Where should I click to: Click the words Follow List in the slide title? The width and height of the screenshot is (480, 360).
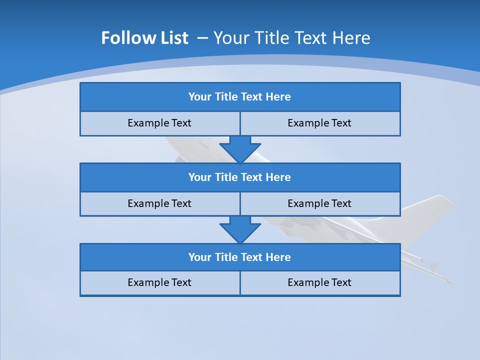145,38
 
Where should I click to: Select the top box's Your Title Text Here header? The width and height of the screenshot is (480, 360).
239,97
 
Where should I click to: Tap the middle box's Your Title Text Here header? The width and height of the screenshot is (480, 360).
239,177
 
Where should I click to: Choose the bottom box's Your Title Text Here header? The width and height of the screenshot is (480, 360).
239,257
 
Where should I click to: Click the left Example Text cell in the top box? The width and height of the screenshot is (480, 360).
159,123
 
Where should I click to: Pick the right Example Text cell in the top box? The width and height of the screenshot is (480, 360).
319,123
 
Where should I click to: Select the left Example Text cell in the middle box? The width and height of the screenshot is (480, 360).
159,203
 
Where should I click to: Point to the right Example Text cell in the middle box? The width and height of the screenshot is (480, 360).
319,203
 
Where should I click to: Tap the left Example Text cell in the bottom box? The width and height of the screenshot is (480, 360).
159,282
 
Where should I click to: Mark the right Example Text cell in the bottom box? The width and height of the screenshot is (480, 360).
319,282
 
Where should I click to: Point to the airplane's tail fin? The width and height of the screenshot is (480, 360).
430,210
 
